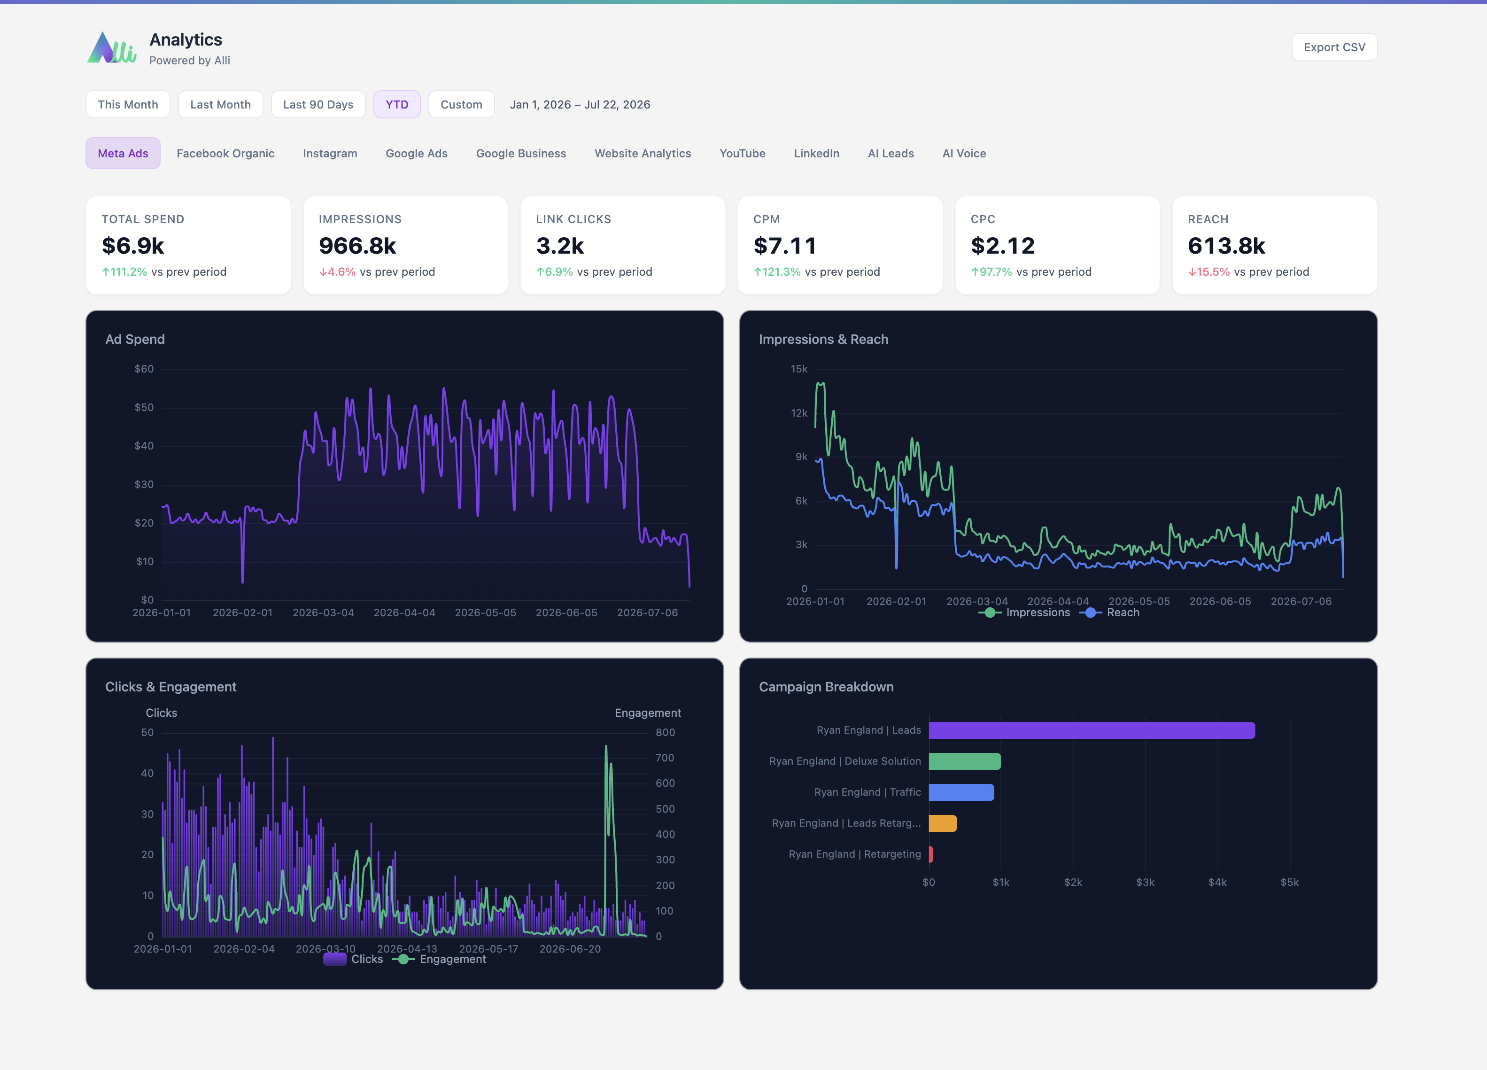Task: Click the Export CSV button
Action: (1334, 47)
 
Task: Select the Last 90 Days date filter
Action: (318, 104)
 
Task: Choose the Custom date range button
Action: (461, 104)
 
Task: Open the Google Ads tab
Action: (416, 154)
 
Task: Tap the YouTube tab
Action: (742, 154)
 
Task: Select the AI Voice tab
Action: (964, 154)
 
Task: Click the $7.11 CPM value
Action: (785, 246)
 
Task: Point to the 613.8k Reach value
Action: (1226, 246)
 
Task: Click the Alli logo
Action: (111, 48)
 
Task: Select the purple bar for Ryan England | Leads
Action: (1092, 730)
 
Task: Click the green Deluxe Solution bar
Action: (964, 761)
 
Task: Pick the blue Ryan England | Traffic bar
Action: (961, 792)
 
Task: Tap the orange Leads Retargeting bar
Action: (943, 823)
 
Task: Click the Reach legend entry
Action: (1109, 613)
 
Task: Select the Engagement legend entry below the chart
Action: (439, 959)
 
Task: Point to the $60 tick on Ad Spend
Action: (144, 369)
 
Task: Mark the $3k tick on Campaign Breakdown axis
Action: (1146, 883)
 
